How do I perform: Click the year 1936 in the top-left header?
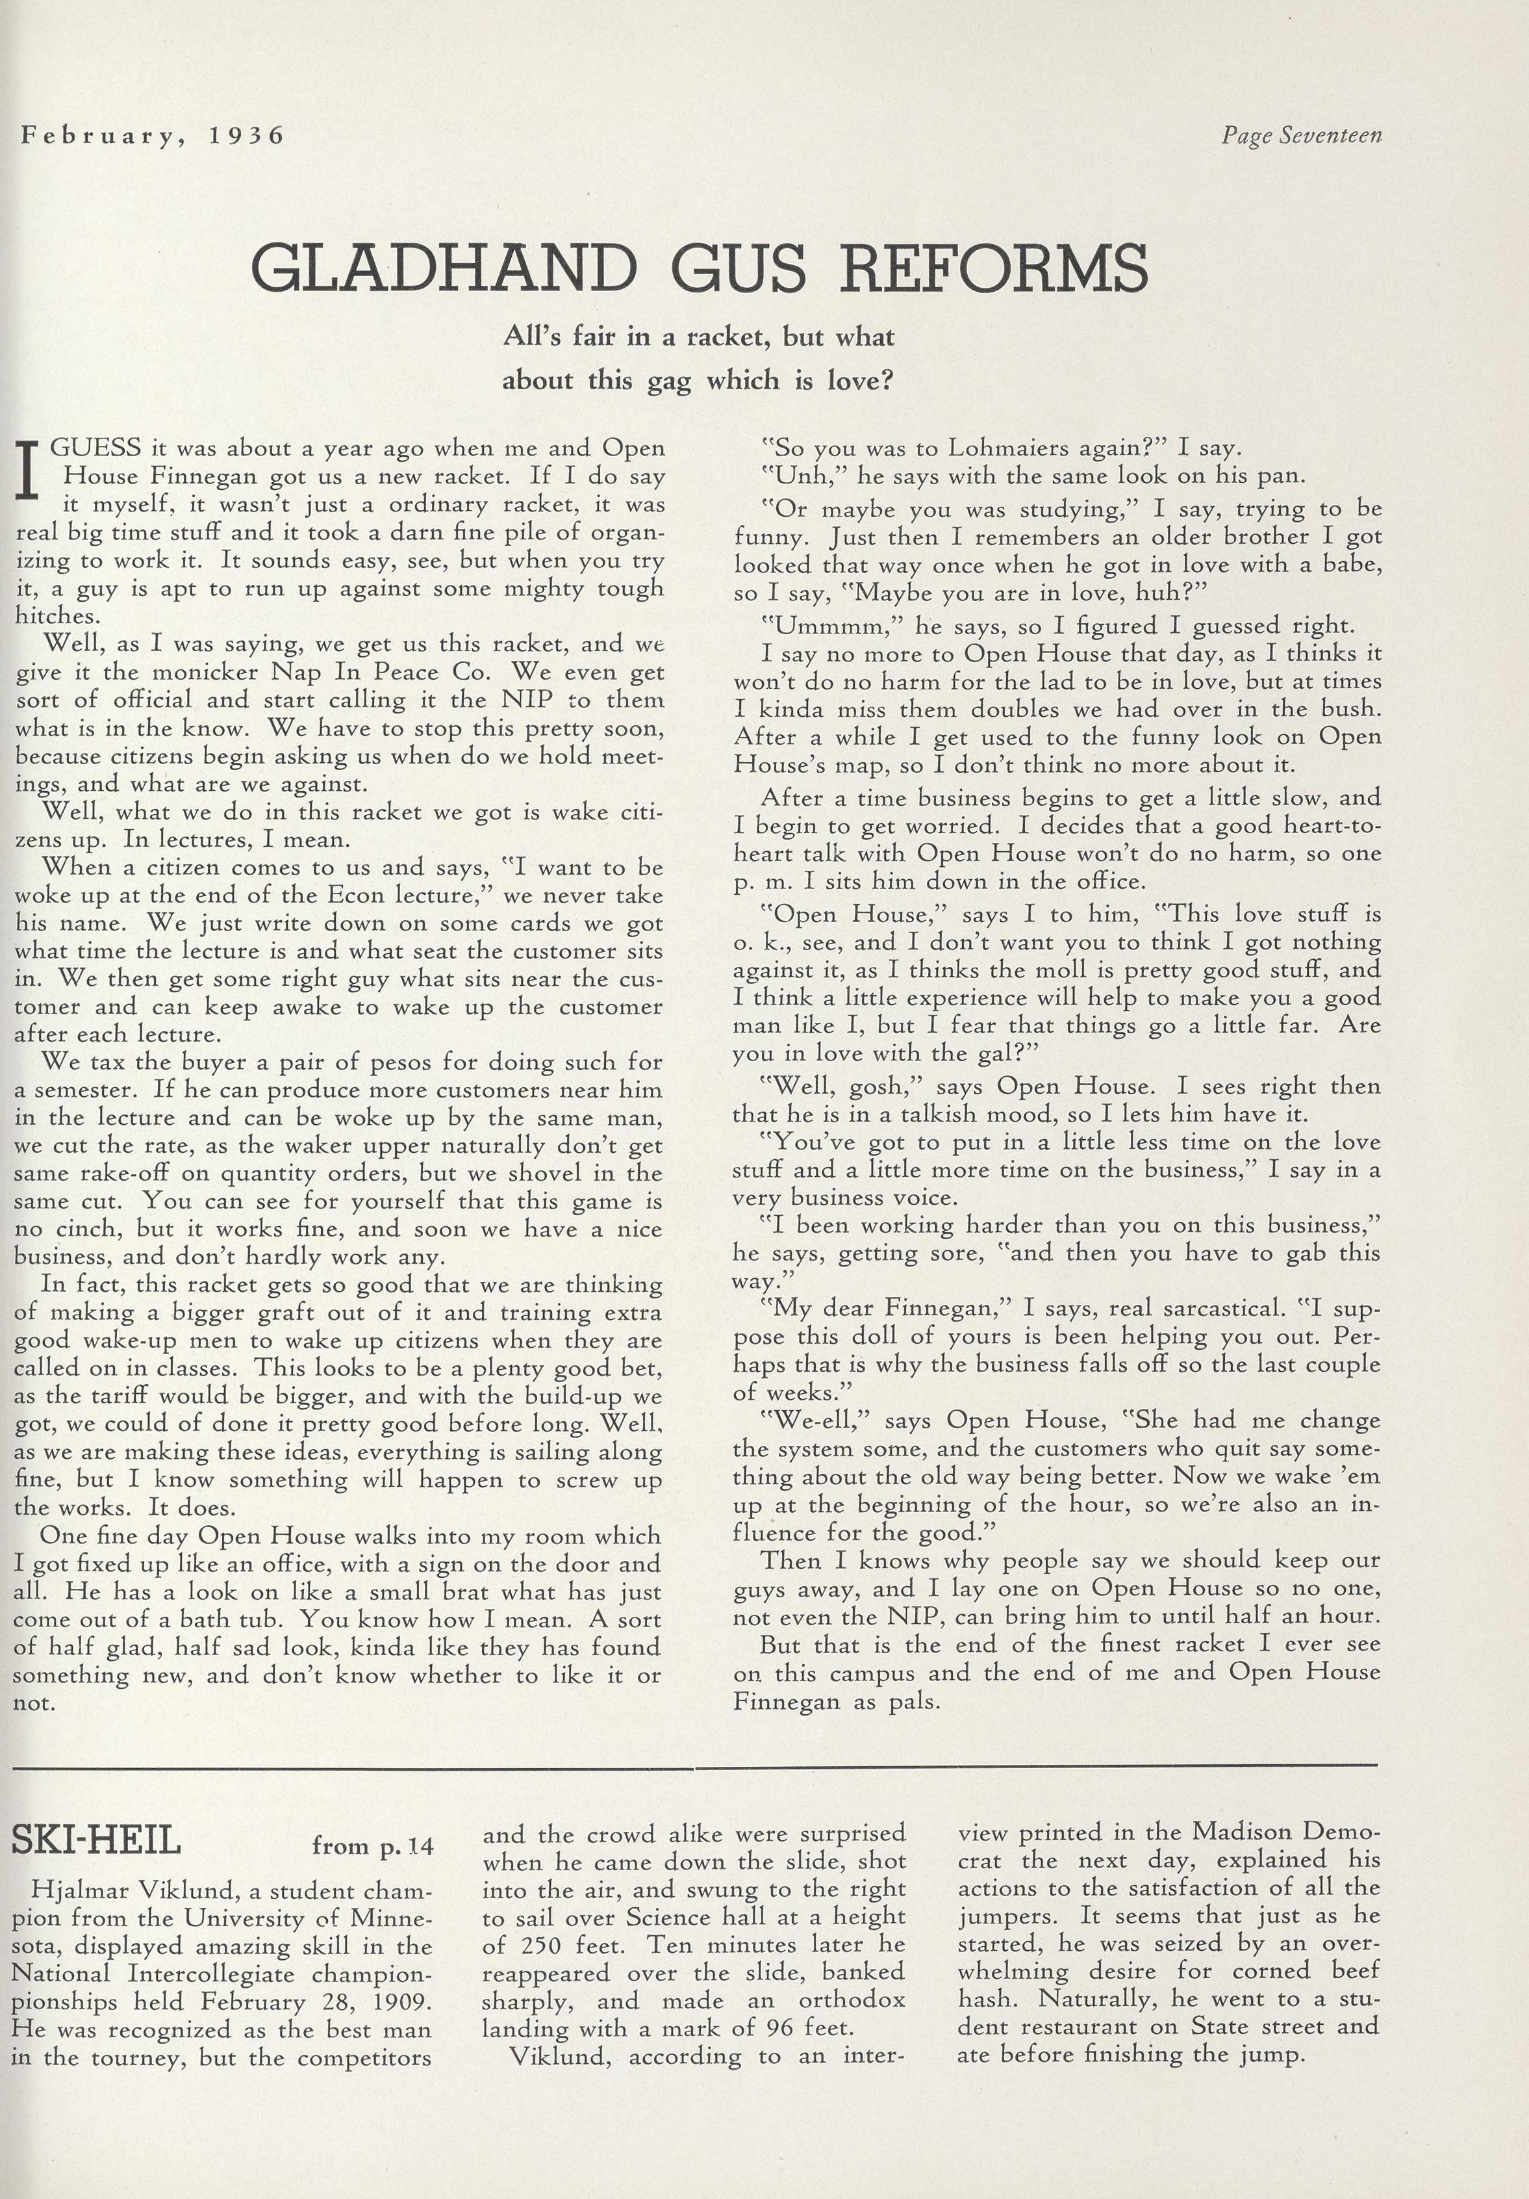(x=247, y=135)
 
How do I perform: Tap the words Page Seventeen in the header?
(x=1301, y=135)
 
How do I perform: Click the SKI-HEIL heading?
(x=95, y=1842)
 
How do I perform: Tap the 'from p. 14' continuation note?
(x=372, y=1845)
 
